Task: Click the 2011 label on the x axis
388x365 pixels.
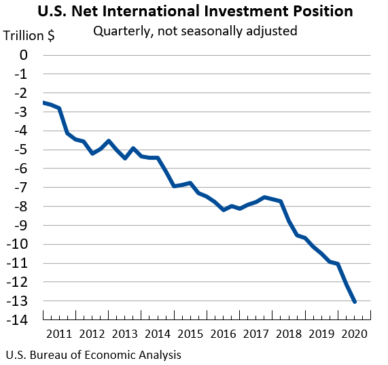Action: click(x=58, y=334)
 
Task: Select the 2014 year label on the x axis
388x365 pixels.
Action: click(x=157, y=334)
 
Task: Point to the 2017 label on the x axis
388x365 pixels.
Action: click(x=255, y=334)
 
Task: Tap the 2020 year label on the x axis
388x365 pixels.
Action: click(x=354, y=334)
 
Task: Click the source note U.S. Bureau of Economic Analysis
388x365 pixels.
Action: click(x=93, y=355)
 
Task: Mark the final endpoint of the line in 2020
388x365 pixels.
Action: click(x=355, y=301)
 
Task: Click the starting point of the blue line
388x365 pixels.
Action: click(x=43, y=102)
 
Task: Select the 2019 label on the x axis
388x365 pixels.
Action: click(x=321, y=334)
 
